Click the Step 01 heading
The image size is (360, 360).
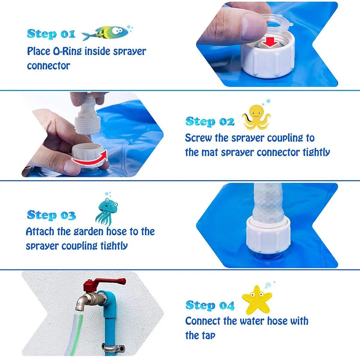point(51,34)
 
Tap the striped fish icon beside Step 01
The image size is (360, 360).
point(105,33)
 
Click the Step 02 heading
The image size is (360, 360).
point(210,122)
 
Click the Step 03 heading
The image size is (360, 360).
point(51,215)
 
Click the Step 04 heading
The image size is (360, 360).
point(210,306)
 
